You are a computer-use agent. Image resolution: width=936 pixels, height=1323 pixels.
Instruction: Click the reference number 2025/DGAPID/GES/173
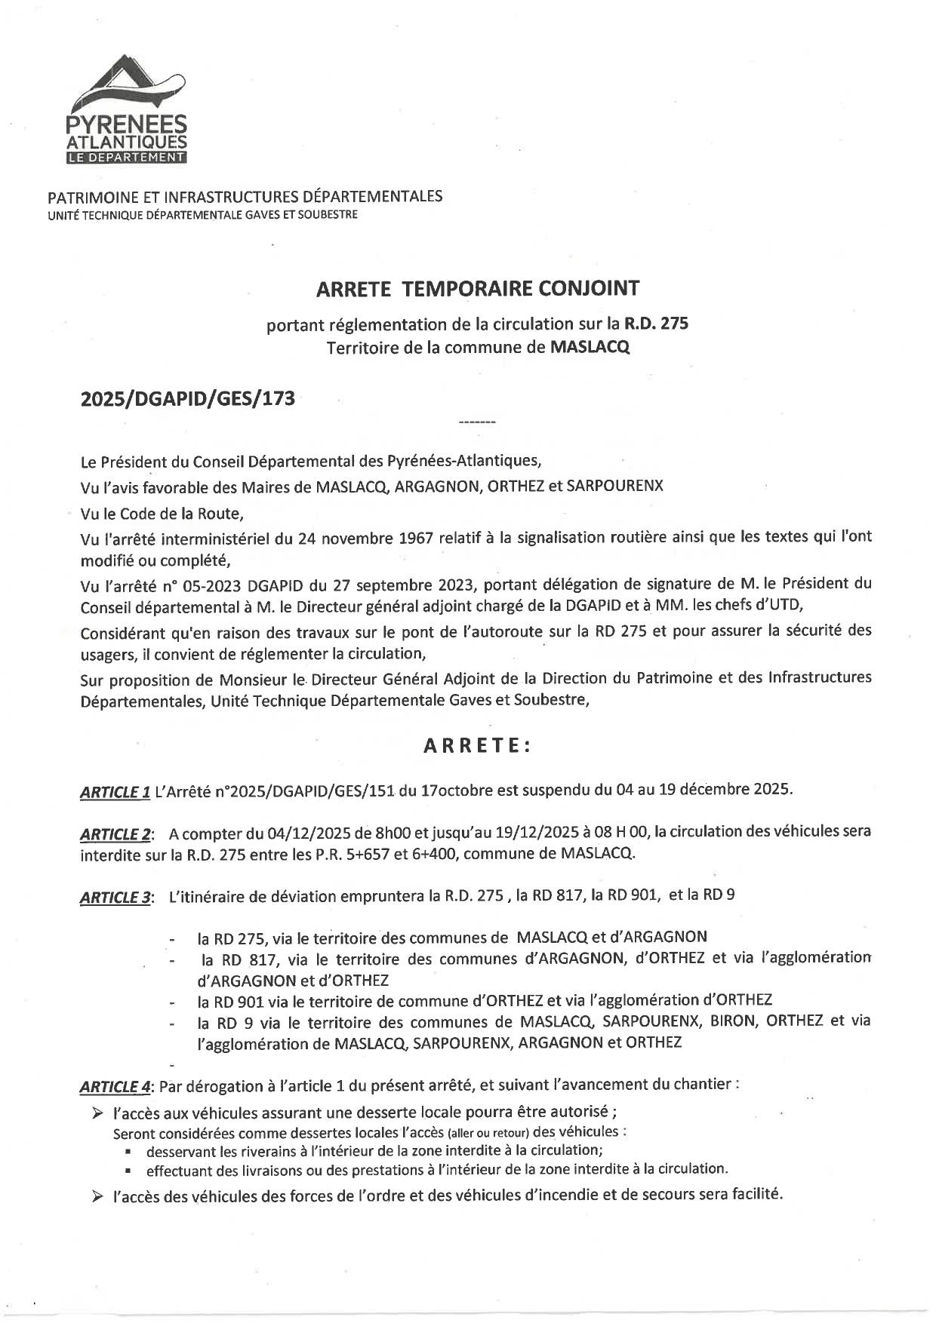(187, 398)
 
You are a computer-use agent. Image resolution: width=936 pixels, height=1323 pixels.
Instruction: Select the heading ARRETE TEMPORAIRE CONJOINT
(477, 288)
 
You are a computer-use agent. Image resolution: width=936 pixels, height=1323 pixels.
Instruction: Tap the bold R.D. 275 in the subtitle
(655, 324)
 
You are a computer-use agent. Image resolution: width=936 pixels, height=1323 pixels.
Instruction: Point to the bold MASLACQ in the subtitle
(590, 348)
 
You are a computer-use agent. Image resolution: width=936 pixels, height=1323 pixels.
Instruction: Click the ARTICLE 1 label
(115, 792)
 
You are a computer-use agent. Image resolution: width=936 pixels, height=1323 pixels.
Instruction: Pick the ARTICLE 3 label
(116, 898)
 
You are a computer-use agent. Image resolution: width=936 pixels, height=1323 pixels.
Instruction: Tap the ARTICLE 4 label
(116, 1087)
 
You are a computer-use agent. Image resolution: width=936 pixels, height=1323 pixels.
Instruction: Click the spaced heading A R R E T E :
(477, 746)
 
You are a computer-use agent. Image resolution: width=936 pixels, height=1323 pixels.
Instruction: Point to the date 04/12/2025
(306, 833)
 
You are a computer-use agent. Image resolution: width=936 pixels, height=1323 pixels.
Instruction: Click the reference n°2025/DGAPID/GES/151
(303, 790)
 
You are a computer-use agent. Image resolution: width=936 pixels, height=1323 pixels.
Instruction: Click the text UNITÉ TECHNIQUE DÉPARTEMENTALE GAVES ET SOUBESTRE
(202, 215)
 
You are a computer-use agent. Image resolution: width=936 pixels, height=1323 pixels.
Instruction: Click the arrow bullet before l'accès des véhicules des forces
(97, 1196)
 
